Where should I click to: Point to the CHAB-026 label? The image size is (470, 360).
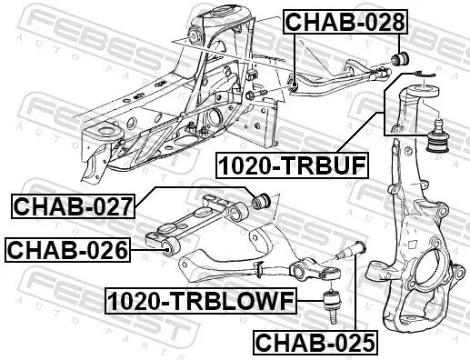(x=66, y=248)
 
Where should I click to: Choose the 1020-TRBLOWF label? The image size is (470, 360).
(x=198, y=299)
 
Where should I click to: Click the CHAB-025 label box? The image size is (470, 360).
(x=314, y=343)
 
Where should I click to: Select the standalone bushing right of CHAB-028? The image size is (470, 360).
(x=397, y=60)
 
